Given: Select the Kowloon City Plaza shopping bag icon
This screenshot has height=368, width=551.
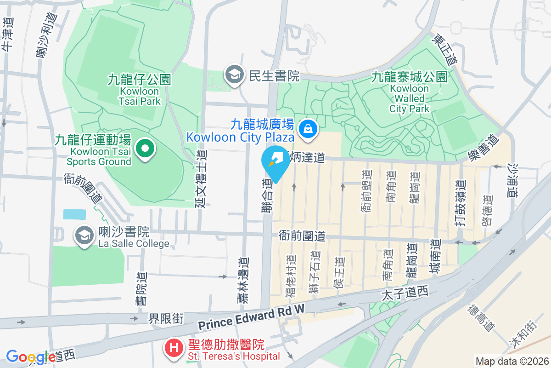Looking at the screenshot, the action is pyautogui.click(x=306, y=129).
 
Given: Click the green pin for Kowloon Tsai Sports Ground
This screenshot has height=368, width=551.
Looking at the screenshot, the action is pyautogui.click(x=146, y=149).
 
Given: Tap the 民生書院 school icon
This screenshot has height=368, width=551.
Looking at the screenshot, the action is pyautogui.click(x=235, y=75).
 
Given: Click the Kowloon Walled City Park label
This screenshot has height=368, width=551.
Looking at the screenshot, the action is pyautogui.click(x=410, y=92).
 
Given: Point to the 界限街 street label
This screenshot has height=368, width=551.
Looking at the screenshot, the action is pyautogui.click(x=166, y=318).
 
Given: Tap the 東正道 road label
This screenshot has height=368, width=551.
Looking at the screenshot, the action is pyautogui.click(x=445, y=51).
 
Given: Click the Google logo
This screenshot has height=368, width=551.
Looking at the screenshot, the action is pyautogui.click(x=30, y=357).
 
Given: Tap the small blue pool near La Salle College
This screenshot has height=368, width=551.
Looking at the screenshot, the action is pyautogui.click(x=74, y=214).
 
